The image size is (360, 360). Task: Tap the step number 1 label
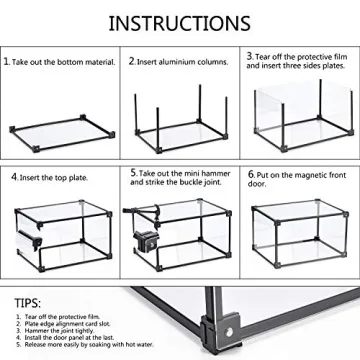pos(7,62)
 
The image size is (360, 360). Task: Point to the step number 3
pos(250,56)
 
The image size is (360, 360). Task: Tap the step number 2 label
pos(131,62)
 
